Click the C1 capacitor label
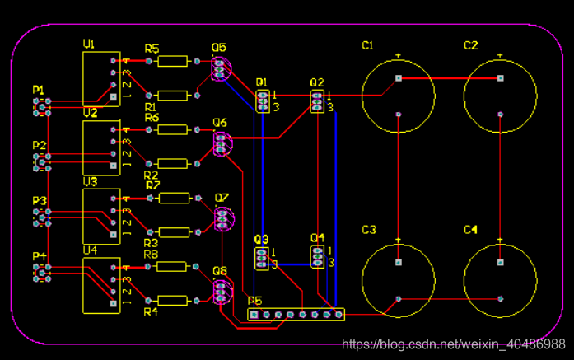pyautogui.click(x=367, y=45)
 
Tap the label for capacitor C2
pyautogui.click(x=470, y=45)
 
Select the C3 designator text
pyautogui.click(x=369, y=229)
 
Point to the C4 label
pyautogui.click(x=470, y=229)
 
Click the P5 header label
pyautogui.click(x=254, y=302)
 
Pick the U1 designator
pyautogui.click(x=90, y=44)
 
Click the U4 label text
pyautogui.click(x=90, y=250)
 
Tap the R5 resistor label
pyautogui.click(x=152, y=49)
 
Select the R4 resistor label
pyautogui.click(x=151, y=312)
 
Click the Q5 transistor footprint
pyautogui.click(x=219, y=68)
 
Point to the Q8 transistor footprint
pyautogui.click(x=220, y=292)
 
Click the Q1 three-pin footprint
pyautogui.click(x=263, y=101)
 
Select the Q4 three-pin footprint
pyautogui.click(x=317, y=257)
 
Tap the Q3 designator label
pyautogui.click(x=261, y=239)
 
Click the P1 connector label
pyautogui.click(x=39, y=89)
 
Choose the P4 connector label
pyautogui.click(x=39, y=256)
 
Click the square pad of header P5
pyautogui.click(x=254, y=315)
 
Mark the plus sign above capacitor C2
pyautogui.click(x=500, y=55)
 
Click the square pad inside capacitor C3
pyautogui.click(x=398, y=263)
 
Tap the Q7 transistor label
pyautogui.click(x=221, y=198)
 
